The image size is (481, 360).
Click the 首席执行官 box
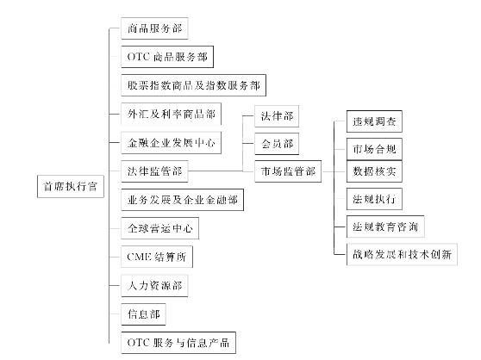[x=71, y=186]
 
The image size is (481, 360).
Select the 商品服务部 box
[x=154, y=28]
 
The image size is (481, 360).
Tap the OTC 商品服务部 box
[x=167, y=57]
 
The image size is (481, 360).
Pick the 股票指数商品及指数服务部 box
[x=194, y=85]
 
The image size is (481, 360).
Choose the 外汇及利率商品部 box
[x=172, y=114]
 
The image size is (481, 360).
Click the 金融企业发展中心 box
[x=172, y=143]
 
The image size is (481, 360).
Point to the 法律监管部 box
[x=154, y=171]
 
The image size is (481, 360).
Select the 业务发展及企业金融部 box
[x=183, y=200]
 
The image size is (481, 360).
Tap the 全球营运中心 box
[x=159, y=228]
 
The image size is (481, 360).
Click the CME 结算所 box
[x=157, y=257]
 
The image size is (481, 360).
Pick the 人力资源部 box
[x=154, y=286]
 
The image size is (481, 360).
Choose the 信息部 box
[x=144, y=314]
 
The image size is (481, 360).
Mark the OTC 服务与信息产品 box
[x=178, y=343]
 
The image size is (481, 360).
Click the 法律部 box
[x=277, y=116]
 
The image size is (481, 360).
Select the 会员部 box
[x=277, y=144]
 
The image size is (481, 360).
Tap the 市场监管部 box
[x=288, y=171]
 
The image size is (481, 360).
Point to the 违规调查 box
[x=374, y=121]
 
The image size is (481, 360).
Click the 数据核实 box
[x=374, y=171]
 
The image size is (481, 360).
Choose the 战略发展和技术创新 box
[x=402, y=254]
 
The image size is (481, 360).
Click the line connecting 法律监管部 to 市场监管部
[x=222, y=171]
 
